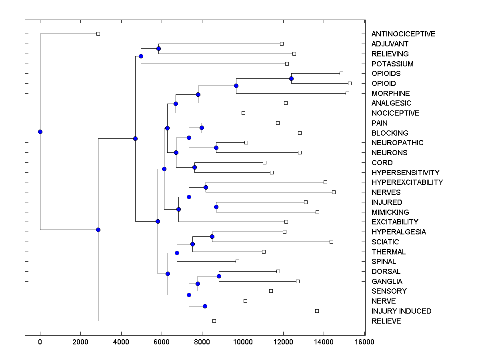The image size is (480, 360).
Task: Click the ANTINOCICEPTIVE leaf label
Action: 403,34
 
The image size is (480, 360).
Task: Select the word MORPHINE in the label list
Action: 390,94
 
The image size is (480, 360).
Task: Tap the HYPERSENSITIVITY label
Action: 405,173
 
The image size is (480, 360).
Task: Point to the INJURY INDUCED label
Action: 401,311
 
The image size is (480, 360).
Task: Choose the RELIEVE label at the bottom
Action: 386,321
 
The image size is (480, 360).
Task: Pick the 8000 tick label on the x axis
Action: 202,342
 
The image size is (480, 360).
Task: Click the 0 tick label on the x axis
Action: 40,342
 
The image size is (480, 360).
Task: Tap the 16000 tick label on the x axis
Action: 364,342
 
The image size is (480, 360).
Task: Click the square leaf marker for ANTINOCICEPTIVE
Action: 98,34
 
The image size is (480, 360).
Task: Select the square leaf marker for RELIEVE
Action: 214,321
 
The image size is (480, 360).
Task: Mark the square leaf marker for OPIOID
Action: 350,83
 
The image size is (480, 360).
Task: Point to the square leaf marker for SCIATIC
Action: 331,242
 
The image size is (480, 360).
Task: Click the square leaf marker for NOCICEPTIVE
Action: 243,113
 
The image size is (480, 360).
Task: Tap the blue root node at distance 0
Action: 40,132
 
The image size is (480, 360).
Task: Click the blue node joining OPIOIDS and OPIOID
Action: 292,78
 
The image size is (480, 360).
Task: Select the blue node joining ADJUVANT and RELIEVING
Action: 158,48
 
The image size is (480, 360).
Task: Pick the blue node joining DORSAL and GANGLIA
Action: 219,276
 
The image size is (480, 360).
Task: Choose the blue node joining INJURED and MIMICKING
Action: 216,207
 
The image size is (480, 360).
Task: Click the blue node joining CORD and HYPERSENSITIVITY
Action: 194,167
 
